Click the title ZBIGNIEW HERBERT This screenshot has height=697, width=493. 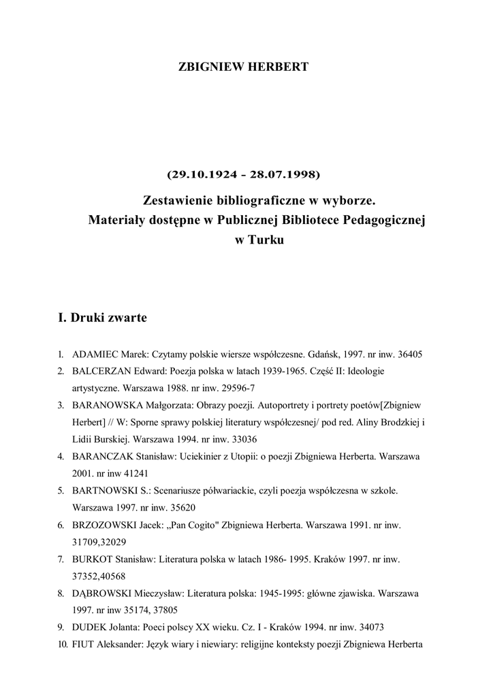click(x=243, y=67)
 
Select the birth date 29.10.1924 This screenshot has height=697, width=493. click(x=202, y=174)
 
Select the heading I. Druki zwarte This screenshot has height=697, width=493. click(x=102, y=318)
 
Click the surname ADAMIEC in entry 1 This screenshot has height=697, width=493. click(x=95, y=355)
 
